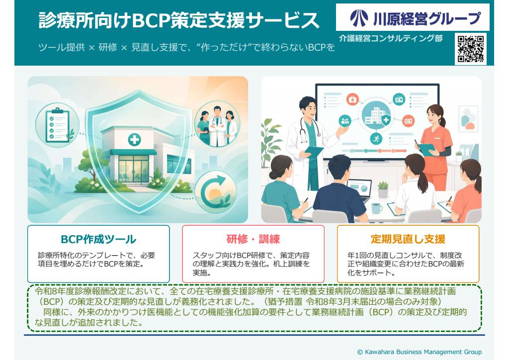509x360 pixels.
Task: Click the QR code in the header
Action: (471, 49)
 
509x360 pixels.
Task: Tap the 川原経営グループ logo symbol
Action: (358, 17)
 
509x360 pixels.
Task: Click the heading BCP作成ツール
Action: (98, 239)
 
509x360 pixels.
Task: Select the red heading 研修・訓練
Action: (253, 239)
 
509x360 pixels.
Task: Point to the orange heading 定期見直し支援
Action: (408, 239)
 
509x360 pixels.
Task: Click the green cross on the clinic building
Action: (134, 140)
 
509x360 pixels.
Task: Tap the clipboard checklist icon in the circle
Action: (58, 125)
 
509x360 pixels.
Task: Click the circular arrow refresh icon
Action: (215, 192)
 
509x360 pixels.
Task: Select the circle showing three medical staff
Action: (217, 124)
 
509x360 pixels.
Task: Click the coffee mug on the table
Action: (377, 208)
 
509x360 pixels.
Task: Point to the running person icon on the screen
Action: (376, 139)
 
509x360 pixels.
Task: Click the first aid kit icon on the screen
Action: (352, 99)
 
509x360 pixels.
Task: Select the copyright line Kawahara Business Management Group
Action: (420, 352)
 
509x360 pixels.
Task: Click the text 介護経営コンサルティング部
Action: (391, 39)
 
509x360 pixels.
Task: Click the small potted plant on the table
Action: (383, 189)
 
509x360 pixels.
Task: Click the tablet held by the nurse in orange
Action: (426, 149)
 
